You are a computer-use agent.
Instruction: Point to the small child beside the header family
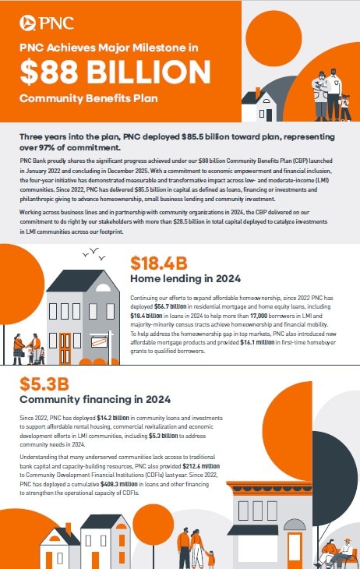(344, 107)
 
